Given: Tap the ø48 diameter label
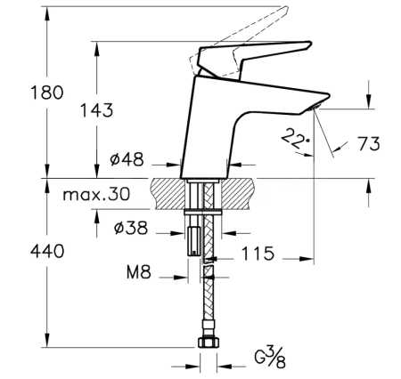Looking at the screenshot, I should click(127, 161).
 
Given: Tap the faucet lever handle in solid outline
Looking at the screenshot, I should click(258, 55).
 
